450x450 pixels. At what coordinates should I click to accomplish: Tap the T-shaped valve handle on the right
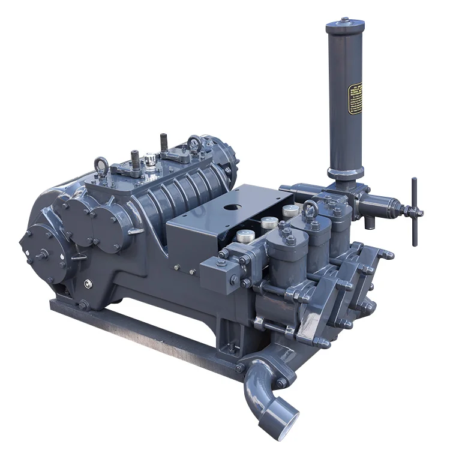tap(413, 211)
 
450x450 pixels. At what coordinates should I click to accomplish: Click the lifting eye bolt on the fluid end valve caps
tap(310, 209)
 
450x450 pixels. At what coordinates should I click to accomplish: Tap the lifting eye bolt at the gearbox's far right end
tap(194, 143)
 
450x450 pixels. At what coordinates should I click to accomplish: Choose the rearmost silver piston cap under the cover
tap(291, 210)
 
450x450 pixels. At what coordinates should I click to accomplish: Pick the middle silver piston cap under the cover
tap(269, 223)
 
